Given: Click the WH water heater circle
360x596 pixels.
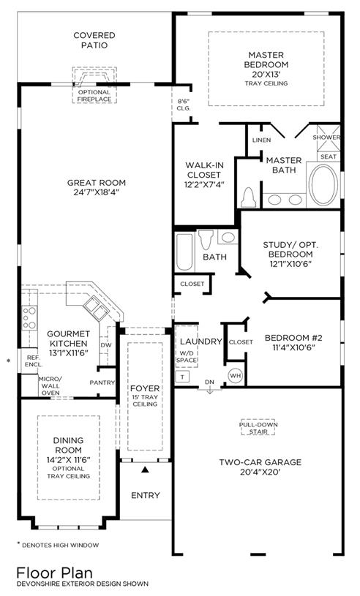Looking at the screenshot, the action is tap(236, 376).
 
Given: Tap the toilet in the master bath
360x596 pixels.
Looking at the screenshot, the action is tap(248, 197).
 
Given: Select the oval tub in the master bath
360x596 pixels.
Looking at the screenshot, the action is tap(323, 185).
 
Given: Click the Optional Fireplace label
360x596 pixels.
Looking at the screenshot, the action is tap(94, 96).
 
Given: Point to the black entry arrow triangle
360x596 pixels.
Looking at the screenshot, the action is tap(144, 469).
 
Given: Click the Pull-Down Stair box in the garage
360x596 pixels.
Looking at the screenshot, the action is tap(258, 428).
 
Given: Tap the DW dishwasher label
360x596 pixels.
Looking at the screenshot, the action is tap(105, 345).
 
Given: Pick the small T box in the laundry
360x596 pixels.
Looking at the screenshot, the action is tap(182, 377).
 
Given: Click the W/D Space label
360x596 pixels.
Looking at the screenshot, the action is tap(187, 356).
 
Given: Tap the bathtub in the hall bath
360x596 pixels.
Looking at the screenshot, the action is tap(184, 252).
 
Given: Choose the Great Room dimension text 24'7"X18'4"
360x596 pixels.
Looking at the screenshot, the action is tap(97, 192).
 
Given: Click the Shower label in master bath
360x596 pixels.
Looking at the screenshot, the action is tap(326, 137).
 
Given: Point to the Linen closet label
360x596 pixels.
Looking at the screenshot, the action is tap(261, 140).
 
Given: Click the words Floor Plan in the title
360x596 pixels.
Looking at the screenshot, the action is tap(54, 573).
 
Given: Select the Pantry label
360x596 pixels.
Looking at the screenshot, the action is tap(102, 382).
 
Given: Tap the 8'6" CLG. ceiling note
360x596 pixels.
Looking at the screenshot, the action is tap(184, 105).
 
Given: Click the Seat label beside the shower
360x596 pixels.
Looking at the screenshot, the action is tap(329, 156).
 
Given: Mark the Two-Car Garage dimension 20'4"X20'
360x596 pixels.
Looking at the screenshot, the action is tap(260, 472).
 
